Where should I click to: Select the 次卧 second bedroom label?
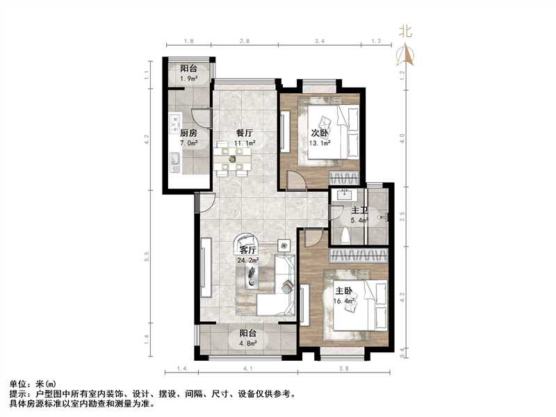[319, 133]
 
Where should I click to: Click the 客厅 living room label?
[248, 251]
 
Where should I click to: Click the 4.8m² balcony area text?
[248, 343]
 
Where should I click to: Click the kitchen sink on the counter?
[174, 165]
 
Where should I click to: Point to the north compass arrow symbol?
[406, 54]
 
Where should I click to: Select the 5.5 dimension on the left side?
[147, 256]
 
